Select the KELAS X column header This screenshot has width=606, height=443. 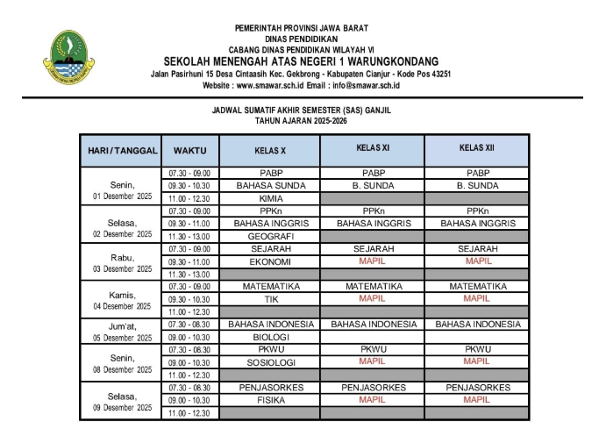(269, 151)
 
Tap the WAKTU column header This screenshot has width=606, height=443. (189, 151)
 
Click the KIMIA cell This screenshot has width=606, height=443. (269, 199)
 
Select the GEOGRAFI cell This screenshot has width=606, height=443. (269, 237)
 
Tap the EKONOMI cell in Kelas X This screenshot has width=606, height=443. (269, 261)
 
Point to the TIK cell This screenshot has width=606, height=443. (269, 299)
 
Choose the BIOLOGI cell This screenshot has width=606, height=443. (269, 337)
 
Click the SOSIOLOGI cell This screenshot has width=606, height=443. (269, 362)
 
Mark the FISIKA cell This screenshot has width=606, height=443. (269, 400)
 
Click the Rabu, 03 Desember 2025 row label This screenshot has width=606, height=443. (121, 262)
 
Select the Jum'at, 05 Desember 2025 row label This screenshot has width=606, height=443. (121, 331)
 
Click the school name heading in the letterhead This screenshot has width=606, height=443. (301, 61)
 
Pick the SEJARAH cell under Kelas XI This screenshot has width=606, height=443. (373, 249)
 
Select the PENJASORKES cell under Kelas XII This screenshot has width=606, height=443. (476, 387)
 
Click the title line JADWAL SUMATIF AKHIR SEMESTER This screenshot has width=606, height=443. (301, 111)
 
